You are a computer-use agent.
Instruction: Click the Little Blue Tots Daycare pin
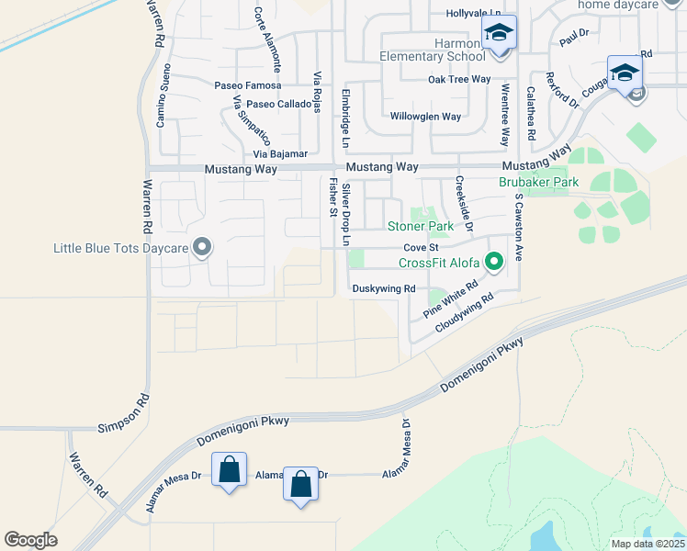pos(203,249)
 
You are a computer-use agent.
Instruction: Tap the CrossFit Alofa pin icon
pos(494,264)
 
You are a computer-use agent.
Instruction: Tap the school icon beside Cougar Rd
pos(625,72)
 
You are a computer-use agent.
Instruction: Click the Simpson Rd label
pos(123,428)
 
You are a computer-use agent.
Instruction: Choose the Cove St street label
pos(422,248)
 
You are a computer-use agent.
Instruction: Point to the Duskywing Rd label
pos(383,288)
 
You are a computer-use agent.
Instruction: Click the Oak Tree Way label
pos(459,80)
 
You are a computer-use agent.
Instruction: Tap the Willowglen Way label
pos(425,117)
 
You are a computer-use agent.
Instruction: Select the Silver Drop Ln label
pos(346,215)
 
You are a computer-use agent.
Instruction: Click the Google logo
pos(31,540)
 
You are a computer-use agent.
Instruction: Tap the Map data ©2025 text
pos(647,544)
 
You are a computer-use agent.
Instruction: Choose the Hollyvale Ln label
pos(474,14)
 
